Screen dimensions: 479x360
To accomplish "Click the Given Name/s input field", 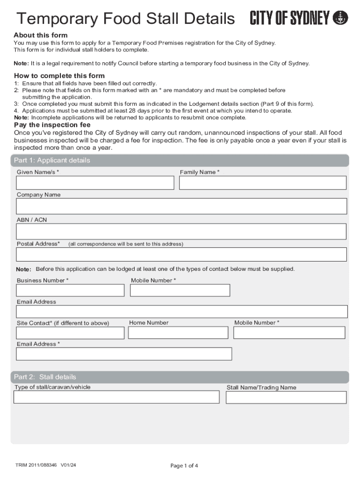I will (95, 183).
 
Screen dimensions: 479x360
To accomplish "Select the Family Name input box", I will (263, 183).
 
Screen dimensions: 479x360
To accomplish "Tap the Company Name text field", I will (181, 206).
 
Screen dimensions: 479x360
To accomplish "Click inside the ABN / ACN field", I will (181, 232).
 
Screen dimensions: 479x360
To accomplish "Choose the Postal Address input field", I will (181, 254).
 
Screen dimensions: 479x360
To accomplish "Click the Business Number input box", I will (70, 290).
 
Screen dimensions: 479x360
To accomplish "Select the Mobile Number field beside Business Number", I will (180, 290).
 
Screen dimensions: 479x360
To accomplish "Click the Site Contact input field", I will (70, 333).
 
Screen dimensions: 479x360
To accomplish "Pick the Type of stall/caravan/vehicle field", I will (116, 397).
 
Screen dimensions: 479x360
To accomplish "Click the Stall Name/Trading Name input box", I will (286, 398).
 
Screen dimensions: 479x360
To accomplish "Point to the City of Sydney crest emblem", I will (340, 18).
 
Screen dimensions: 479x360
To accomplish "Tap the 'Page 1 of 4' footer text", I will (184, 465).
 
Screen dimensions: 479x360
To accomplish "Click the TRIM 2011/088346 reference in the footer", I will (45, 464).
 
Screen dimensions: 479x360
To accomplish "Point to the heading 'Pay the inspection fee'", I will (52, 125).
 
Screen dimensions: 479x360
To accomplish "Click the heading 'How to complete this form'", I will (59, 76).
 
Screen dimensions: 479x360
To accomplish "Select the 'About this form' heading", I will (41, 35).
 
